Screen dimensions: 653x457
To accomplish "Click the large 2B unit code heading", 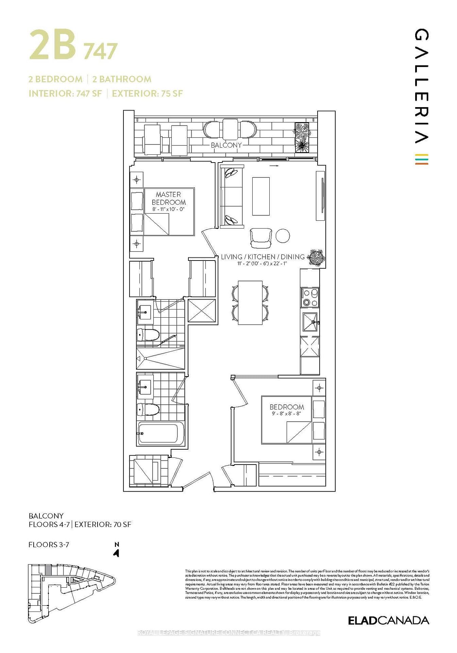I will (x=53, y=45).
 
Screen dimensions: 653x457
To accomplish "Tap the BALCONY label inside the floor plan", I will (x=226, y=145).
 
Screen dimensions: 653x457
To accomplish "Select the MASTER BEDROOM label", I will (x=169, y=198).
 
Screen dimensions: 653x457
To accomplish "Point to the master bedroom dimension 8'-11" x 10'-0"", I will (x=168, y=209).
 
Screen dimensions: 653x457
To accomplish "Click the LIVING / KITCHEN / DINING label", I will (x=263, y=257).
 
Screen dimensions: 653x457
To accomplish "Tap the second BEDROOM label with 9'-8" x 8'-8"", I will (x=287, y=407).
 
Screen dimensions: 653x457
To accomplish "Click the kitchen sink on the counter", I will (x=310, y=322).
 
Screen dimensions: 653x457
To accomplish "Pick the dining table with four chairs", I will (x=250, y=302).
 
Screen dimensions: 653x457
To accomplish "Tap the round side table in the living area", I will (x=283, y=236).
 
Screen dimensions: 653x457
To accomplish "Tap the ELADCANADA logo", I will (x=388, y=620).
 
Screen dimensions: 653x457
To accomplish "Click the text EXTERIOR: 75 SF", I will (x=147, y=94).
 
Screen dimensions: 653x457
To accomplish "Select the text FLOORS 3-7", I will (x=49, y=545).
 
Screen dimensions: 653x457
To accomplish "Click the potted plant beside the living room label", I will (x=316, y=257).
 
